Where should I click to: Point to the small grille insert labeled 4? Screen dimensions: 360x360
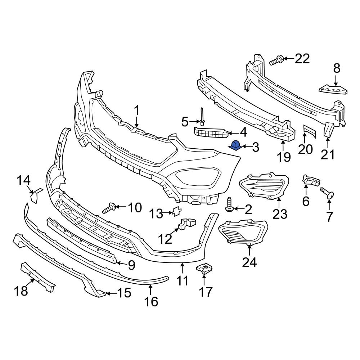(x=212, y=133)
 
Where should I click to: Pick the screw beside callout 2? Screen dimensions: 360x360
(x=229, y=204)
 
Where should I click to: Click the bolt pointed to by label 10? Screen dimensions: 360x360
(x=109, y=208)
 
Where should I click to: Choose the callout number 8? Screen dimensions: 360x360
(x=336, y=68)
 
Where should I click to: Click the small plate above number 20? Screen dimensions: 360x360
(x=309, y=132)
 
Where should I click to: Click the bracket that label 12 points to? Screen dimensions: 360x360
(x=187, y=224)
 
